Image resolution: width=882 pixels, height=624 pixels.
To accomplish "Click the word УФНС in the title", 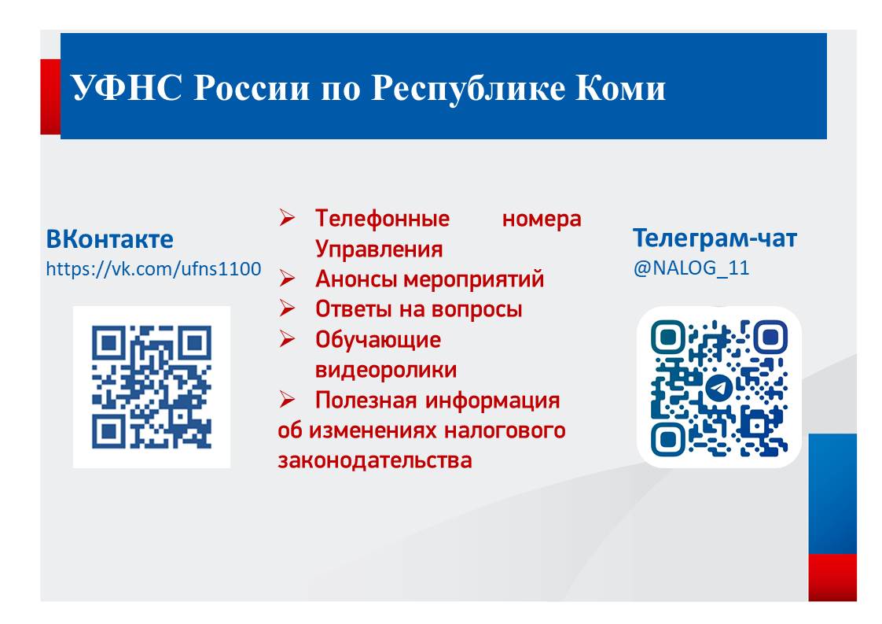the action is point(127,87).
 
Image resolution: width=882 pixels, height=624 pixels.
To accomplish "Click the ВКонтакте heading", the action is point(110,239).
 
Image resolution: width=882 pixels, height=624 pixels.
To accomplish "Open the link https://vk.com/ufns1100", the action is point(153,268).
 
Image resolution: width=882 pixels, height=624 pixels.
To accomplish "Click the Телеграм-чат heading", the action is point(715,238).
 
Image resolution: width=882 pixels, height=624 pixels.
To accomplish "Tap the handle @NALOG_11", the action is point(691,268).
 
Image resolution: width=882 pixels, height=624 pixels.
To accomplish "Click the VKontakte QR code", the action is point(152,387).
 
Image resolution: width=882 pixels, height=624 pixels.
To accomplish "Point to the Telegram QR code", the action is point(718,387).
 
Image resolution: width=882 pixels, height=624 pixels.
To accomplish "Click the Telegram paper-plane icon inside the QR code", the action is point(718,388).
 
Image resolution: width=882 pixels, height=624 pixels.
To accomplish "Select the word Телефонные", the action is point(383,219).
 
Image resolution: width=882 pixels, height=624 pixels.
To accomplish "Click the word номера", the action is point(542,219).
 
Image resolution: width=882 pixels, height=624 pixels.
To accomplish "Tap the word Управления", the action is point(379,249).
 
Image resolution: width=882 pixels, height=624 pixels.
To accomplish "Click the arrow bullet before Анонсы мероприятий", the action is point(287,279).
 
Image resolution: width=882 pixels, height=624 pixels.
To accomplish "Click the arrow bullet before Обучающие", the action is point(287,339).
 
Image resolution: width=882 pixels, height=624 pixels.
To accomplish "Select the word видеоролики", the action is point(386,370).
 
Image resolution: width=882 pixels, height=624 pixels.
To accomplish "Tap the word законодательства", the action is point(375,460).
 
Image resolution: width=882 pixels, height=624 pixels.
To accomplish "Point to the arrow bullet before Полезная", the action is point(287,400).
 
